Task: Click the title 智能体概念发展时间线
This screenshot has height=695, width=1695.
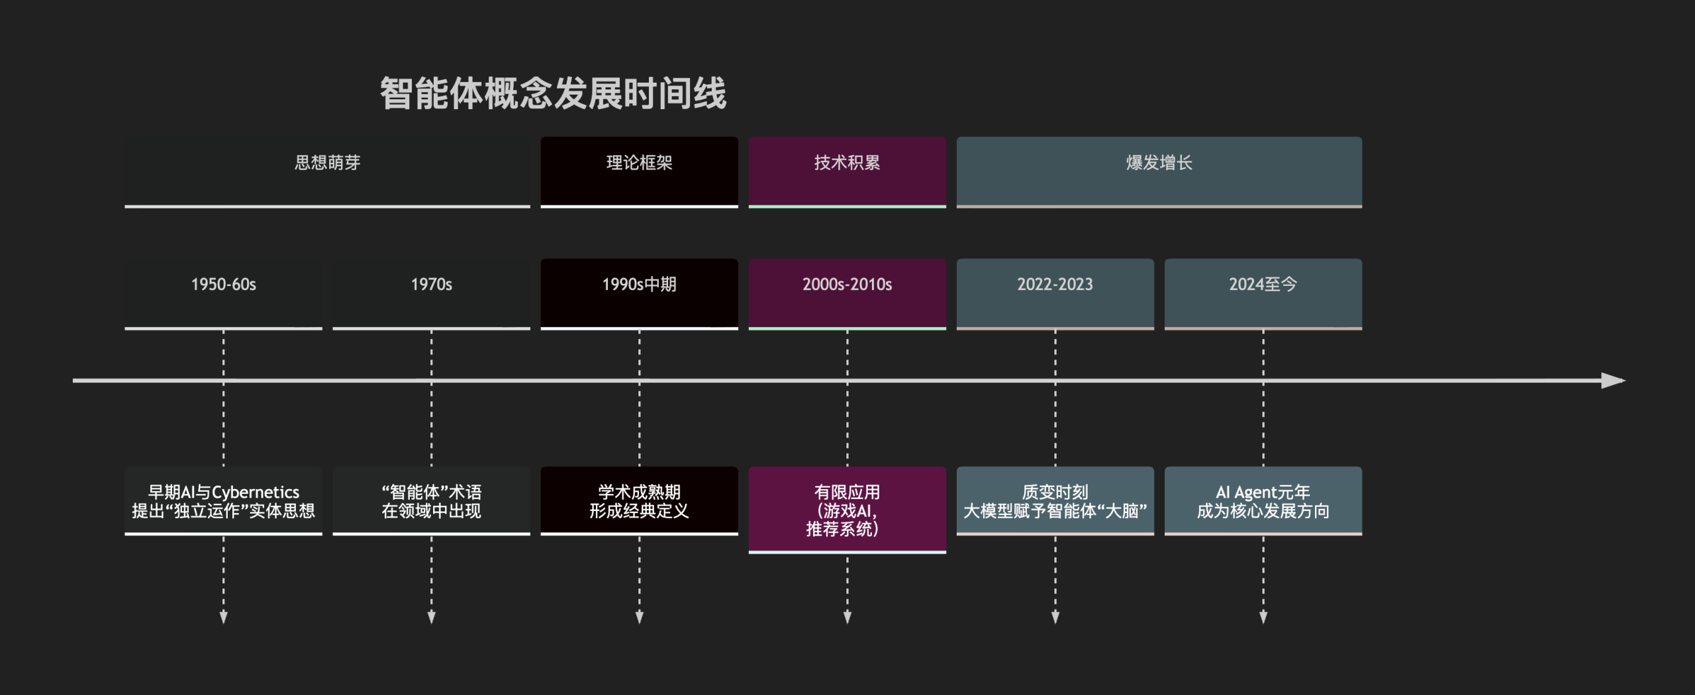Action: pyautogui.click(x=553, y=93)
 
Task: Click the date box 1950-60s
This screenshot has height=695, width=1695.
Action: pyautogui.click(x=223, y=292)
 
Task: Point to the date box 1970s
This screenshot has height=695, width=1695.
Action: pyautogui.click(x=431, y=292)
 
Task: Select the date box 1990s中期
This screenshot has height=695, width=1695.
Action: pyautogui.click(x=639, y=292)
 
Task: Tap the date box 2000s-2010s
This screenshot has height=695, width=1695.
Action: pyautogui.click(x=847, y=292)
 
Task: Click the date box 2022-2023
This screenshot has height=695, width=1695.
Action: pyautogui.click(x=1055, y=292)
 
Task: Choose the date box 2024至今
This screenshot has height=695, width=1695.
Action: pyautogui.click(x=1263, y=292)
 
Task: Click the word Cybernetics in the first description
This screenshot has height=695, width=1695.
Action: pyautogui.click(x=255, y=492)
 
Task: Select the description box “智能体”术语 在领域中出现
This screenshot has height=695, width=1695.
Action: pyautogui.click(x=431, y=501)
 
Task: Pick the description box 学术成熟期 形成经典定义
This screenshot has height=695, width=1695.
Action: pyautogui.click(x=639, y=501)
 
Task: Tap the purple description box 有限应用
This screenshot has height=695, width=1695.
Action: pyautogui.click(x=847, y=510)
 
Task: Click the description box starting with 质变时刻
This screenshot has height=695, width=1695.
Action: pyautogui.click(x=1055, y=501)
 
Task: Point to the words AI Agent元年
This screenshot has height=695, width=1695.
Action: pyautogui.click(x=1263, y=492)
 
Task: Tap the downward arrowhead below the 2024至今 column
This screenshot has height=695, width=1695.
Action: pyautogui.click(x=1263, y=617)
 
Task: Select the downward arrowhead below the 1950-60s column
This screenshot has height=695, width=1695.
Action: pyautogui.click(x=223, y=617)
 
